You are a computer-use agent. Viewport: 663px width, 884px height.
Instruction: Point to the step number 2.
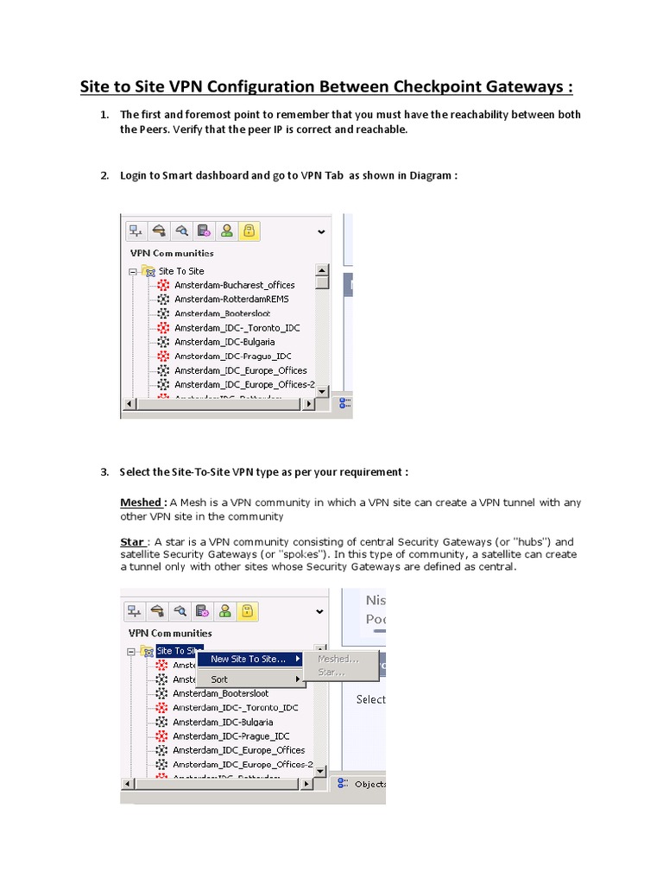pyautogui.click(x=104, y=175)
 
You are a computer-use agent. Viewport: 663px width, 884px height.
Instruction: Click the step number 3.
pyautogui.click(x=104, y=472)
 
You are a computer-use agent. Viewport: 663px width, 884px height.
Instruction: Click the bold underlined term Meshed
pyautogui.click(x=142, y=502)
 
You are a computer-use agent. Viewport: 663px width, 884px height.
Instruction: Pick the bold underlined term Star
pyautogui.click(x=131, y=542)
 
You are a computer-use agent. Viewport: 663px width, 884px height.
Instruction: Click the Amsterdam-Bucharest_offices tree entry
pyautogui.click(x=234, y=285)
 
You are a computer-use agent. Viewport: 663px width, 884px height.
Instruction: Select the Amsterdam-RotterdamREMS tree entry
pyautogui.click(x=231, y=299)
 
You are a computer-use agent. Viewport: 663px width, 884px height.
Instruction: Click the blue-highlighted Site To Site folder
pyautogui.click(x=179, y=651)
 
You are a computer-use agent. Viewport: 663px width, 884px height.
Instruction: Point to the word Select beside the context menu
pyautogui.click(x=370, y=699)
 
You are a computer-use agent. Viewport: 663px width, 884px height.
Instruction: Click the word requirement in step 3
pyautogui.click(x=373, y=472)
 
